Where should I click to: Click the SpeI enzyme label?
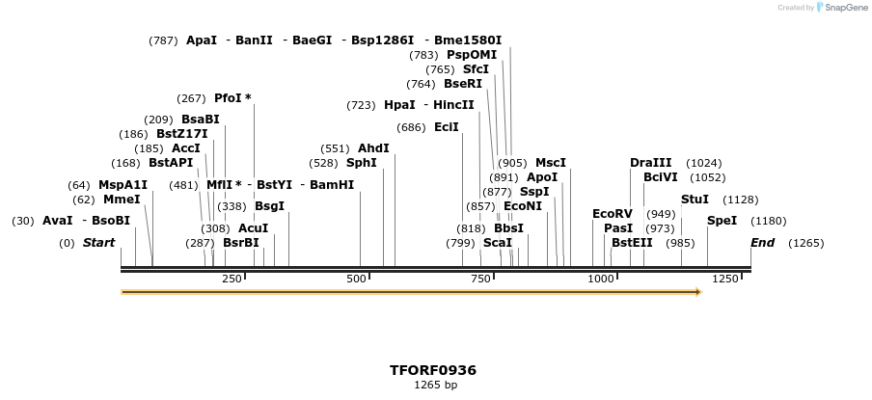[722, 221]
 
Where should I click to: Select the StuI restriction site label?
[695, 200]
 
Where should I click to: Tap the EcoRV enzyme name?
[612, 213]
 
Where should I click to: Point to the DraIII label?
[650, 163]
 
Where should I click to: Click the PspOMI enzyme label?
[472, 55]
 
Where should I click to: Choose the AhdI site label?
[373, 148]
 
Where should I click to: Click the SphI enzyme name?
[362, 163]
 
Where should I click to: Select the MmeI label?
[122, 200]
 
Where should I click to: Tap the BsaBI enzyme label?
[201, 120]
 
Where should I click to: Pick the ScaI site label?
[497, 243]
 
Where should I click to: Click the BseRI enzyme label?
[463, 84]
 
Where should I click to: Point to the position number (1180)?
[768, 221]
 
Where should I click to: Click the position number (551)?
[335, 148]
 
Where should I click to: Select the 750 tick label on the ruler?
[480, 279]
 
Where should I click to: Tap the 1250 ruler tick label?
[724, 279]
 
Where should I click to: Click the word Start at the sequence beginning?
[98, 243]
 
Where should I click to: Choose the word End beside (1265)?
[762, 243]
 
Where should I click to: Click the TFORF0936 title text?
[433, 370]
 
